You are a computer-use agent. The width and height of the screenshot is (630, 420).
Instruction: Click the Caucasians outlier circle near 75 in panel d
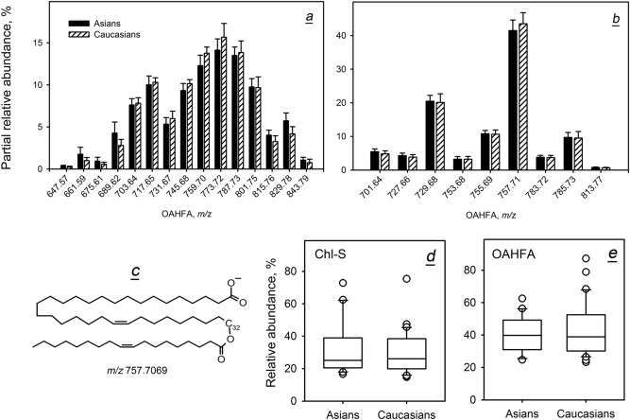407,279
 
